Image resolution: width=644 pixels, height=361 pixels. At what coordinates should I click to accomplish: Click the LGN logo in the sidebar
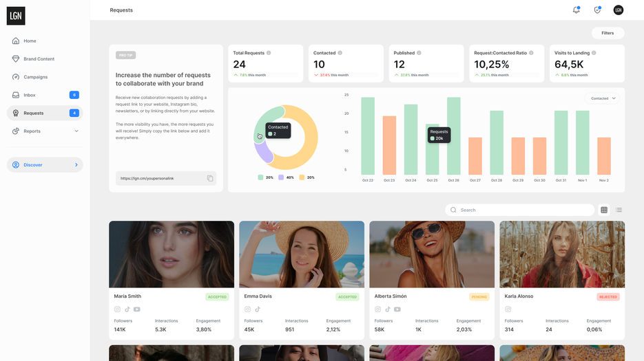coord(16,15)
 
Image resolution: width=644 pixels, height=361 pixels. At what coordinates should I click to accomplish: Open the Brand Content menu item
coord(39,59)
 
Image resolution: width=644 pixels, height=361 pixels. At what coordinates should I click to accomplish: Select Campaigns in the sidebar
coord(35,77)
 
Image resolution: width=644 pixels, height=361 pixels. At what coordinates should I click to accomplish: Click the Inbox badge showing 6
coord(74,95)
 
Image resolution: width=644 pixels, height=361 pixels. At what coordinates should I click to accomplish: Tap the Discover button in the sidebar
coord(45,165)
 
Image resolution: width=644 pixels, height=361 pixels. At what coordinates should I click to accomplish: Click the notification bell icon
coord(576,10)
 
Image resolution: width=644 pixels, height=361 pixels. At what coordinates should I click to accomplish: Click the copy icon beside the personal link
coord(210,179)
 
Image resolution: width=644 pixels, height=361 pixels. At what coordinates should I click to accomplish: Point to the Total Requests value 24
coord(240,65)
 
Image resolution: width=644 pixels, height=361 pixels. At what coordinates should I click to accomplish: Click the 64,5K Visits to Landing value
coord(570,65)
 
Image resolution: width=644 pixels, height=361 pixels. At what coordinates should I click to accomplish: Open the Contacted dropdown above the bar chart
coord(603,98)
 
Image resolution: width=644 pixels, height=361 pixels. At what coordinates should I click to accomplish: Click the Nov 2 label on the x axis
coord(604,180)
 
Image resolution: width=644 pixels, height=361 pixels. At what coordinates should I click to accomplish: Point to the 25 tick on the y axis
coord(346,95)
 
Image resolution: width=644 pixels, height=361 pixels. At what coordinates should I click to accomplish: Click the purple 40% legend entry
coord(286,177)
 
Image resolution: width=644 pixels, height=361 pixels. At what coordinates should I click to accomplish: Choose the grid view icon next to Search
coord(604,210)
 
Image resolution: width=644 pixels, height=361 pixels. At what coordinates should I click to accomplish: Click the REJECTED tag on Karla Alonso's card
coord(608,297)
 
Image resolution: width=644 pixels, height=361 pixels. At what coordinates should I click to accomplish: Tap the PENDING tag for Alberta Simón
coord(479,297)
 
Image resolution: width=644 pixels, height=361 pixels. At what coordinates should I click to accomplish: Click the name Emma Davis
coord(258,296)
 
